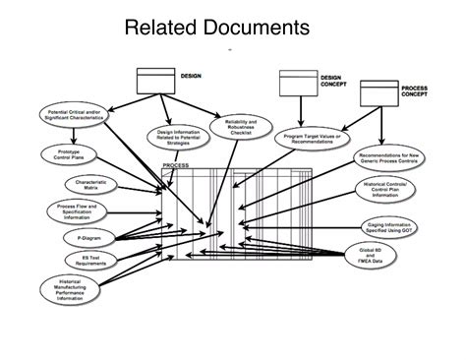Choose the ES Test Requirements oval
pyautogui.click(x=81, y=261)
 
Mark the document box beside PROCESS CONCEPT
pyautogui.click(x=378, y=93)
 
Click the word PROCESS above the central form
pyautogui.click(x=175, y=166)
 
